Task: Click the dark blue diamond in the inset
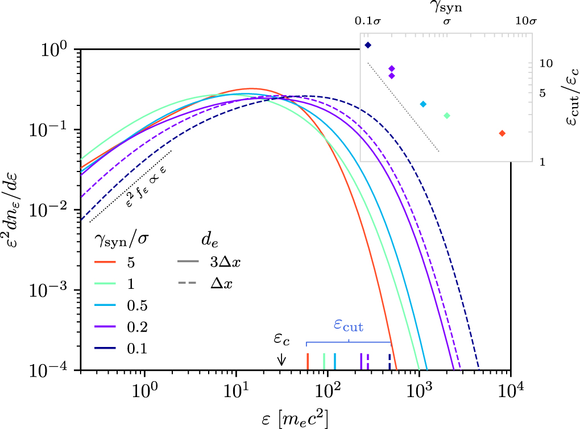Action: [x=368, y=45]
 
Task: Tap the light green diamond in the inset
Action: [x=447, y=116]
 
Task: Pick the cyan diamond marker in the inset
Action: [x=422, y=104]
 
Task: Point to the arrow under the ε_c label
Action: [x=281, y=360]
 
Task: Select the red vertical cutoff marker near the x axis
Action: [x=308, y=361]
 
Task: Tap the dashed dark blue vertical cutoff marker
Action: [x=390, y=361]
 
